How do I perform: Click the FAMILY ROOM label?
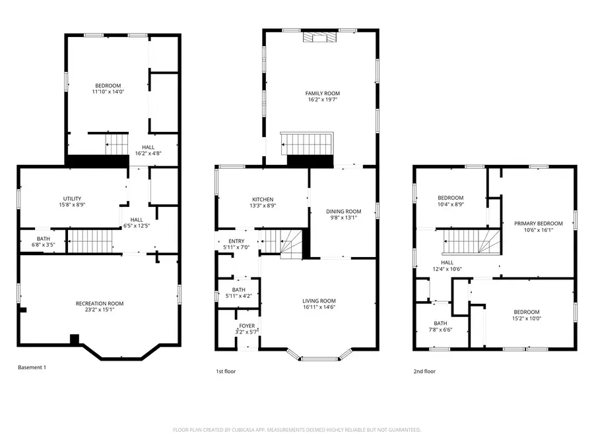point(322,94)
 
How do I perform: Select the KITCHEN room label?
point(263,199)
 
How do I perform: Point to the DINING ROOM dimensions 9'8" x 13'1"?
point(344,218)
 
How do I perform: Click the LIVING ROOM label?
point(319,300)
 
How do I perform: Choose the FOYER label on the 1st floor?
point(247,326)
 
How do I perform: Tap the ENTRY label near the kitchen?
point(236,241)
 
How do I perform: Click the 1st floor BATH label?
point(238,289)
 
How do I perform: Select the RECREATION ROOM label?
point(100,303)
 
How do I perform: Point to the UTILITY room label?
point(72,198)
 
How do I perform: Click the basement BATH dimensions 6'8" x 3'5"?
point(44,245)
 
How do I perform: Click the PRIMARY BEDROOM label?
point(538,223)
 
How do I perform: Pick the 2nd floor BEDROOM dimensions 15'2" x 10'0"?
point(527,318)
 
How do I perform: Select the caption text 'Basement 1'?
point(31,367)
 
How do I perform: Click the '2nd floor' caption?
point(424,371)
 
